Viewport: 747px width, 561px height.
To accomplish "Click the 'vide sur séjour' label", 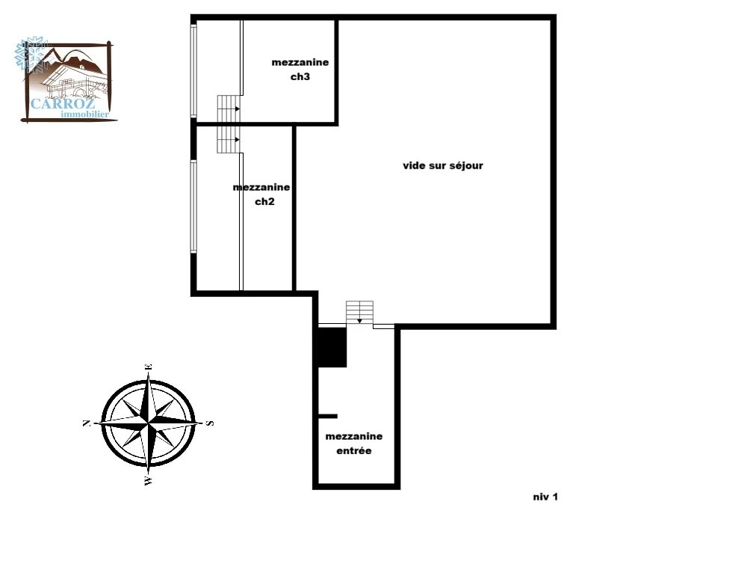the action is tap(442, 165).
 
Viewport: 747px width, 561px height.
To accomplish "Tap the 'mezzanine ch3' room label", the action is tap(300, 69).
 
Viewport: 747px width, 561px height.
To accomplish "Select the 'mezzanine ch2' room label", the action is tap(261, 194).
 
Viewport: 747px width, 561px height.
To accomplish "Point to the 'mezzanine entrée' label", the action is tap(354, 443).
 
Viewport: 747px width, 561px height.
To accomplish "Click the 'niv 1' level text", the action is tap(545, 497).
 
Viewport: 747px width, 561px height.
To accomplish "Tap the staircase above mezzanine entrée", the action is tap(360, 313).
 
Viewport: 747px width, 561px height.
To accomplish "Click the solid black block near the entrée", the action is tap(332, 347).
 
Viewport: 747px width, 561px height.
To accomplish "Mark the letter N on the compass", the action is tap(87, 423).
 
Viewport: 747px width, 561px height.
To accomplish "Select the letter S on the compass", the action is tap(210, 423).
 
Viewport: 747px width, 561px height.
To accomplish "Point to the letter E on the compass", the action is tap(149, 367).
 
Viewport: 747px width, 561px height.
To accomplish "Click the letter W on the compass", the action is tap(149, 481).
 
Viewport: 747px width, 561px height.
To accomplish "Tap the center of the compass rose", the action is tap(149, 423).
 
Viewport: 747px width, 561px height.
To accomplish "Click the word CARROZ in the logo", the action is tap(63, 103).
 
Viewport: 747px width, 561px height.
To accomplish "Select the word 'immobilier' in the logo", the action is tap(85, 114).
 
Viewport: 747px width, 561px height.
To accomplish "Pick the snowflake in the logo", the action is tap(30, 53).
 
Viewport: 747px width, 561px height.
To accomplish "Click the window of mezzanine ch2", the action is tap(193, 206).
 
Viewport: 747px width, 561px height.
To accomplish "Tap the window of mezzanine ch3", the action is tap(193, 70).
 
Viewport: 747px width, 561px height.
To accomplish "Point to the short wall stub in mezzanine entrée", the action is tap(328, 417).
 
